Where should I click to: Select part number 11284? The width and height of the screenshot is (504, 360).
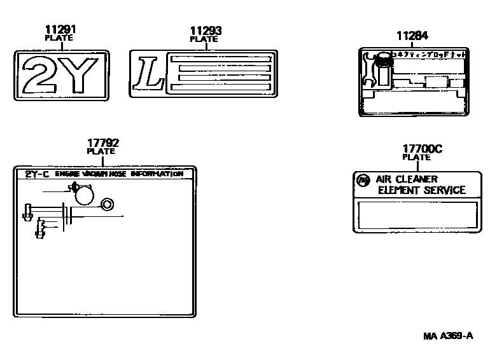412,36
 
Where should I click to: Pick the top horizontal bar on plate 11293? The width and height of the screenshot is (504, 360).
220,59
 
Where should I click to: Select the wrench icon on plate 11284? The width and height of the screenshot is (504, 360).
368,69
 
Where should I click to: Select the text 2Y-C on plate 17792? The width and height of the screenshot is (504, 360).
37,174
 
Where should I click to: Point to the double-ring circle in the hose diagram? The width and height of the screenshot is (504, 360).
107,204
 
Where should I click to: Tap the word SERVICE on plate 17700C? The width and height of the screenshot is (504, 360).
445,190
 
